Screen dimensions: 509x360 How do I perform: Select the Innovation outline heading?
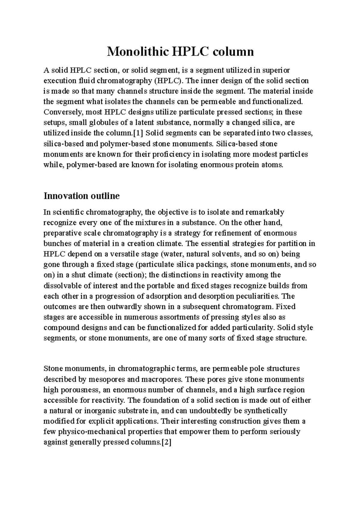click(x=82, y=196)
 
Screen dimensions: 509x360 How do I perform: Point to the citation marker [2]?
click(x=166, y=442)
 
